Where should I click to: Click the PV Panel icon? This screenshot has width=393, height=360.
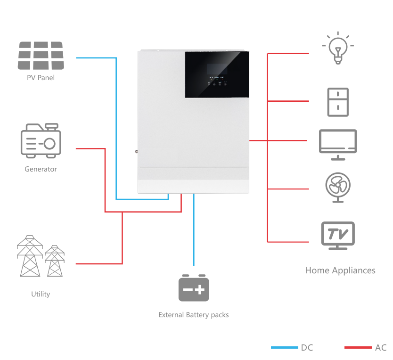point(41,56)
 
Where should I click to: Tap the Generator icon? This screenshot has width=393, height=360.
point(41,140)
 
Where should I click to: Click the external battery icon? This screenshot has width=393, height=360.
point(194,288)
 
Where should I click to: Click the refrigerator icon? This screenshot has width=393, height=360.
point(338,101)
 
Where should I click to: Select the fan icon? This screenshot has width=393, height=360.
point(338,187)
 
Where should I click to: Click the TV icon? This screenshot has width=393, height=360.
point(338,235)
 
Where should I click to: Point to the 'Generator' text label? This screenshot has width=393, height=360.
point(41,169)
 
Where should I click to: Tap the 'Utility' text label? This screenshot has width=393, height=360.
point(41,294)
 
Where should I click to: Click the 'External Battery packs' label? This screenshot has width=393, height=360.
point(194,315)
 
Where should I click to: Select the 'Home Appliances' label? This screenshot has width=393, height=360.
point(340,270)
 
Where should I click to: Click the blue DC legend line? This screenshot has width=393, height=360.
point(284,348)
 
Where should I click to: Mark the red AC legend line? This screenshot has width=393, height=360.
point(358,348)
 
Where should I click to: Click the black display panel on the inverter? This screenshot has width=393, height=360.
point(216,74)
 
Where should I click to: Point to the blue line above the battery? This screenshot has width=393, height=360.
point(194,231)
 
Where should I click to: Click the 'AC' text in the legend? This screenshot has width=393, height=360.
point(381,348)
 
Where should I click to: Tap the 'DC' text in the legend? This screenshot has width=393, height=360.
point(307,348)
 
